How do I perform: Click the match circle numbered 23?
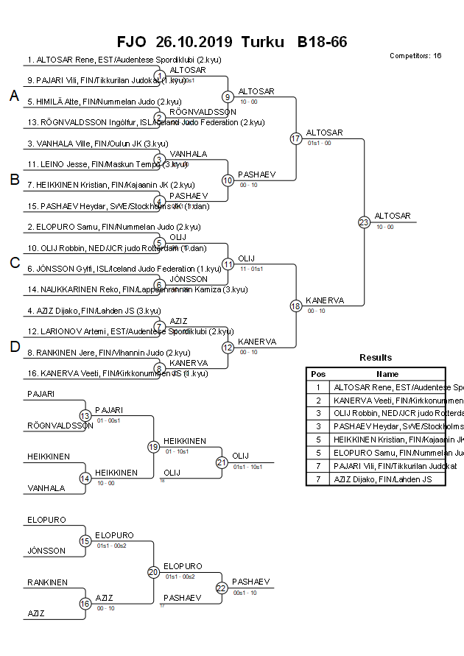364,222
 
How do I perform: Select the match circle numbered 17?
295,138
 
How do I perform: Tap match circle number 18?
295,306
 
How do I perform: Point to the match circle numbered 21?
222,462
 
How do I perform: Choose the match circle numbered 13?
85,416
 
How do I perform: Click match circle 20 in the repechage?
153,572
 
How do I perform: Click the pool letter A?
14,96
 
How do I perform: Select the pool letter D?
14,347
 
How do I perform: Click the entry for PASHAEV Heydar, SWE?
113,205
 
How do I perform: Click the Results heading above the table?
376,357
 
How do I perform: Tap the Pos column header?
317,373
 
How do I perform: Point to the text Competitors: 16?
415,56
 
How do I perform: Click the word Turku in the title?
261,41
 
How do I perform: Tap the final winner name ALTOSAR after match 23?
389,215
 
